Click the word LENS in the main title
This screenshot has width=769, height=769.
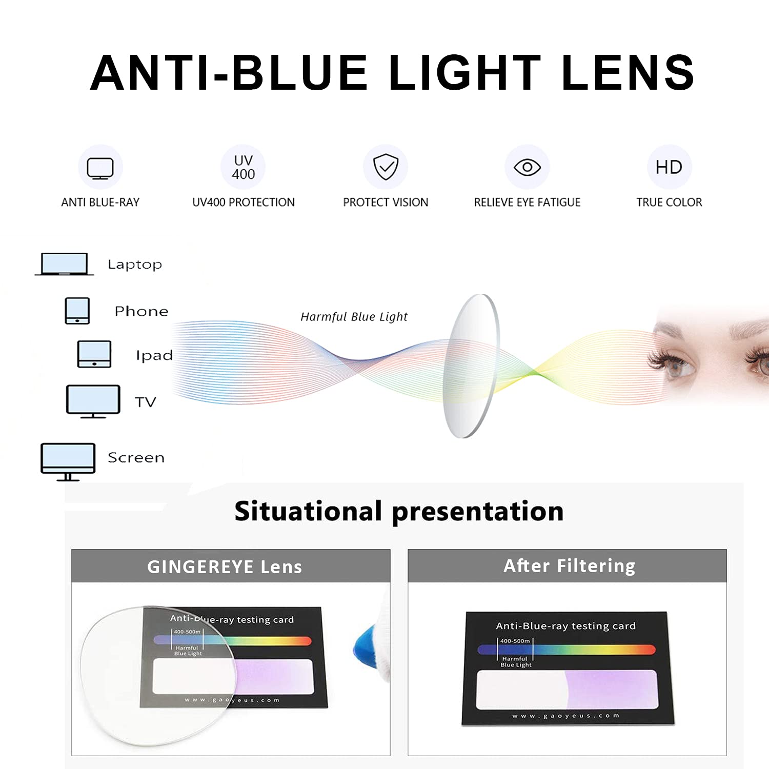(628, 73)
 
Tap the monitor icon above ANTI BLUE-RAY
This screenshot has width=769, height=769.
(100, 168)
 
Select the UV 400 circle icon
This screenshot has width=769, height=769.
(243, 167)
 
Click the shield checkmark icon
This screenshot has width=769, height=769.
(386, 167)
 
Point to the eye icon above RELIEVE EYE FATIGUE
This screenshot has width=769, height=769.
(527, 167)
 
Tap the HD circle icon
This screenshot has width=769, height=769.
(669, 167)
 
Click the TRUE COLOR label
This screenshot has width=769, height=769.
(669, 203)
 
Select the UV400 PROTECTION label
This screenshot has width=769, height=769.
(243, 203)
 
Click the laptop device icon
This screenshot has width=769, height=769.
(65, 264)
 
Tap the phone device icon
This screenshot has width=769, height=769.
(77, 311)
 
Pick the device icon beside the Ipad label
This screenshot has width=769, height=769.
(94, 354)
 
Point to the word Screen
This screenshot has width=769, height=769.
(136, 457)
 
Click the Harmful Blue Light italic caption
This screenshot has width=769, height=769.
(354, 317)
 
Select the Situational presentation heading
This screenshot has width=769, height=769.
(399, 512)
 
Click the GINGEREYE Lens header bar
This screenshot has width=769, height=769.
(231, 566)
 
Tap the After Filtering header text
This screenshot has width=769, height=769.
(569, 566)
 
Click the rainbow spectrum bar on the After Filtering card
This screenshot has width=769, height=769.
(566, 650)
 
